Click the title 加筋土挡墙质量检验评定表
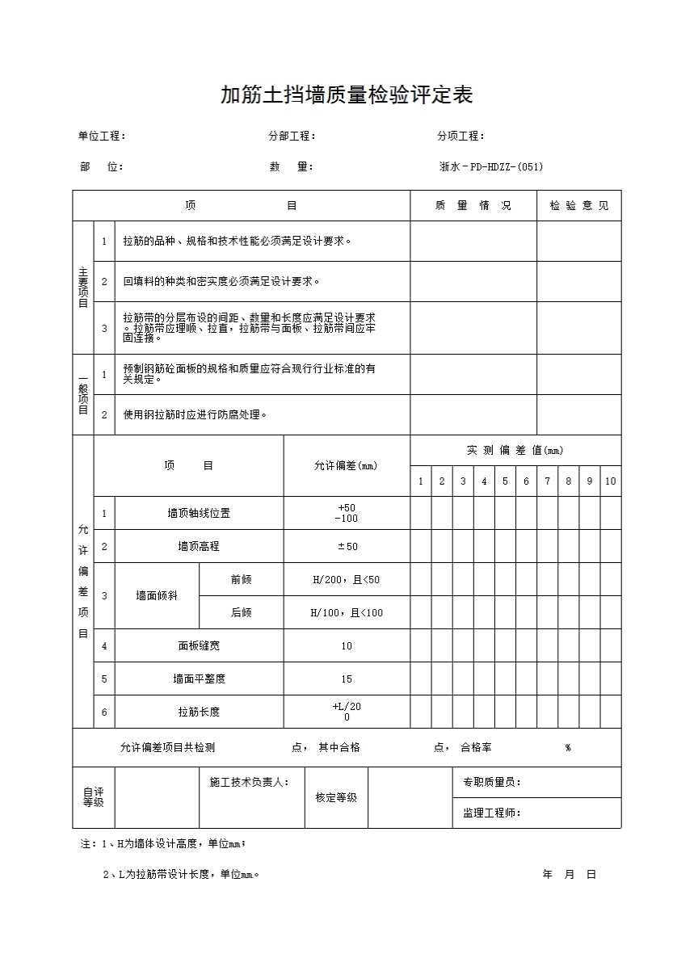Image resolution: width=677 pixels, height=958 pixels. (347, 95)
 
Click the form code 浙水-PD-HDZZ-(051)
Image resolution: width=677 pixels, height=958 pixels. (490, 167)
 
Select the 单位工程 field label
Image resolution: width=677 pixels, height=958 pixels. (102, 136)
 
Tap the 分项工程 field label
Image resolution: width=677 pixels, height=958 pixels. (460, 136)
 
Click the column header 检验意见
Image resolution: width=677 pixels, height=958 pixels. (579, 205)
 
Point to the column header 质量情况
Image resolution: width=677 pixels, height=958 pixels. (473, 205)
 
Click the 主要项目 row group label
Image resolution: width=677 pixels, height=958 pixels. (83, 288)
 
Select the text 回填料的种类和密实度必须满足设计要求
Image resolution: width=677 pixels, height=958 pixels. (221, 282)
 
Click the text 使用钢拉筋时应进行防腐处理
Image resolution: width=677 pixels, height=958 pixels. (195, 414)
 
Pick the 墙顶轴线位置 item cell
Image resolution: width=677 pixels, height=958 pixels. (199, 513)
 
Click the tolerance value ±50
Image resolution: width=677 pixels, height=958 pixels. (347, 547)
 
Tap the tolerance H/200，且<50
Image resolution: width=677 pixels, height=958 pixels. (347, 580)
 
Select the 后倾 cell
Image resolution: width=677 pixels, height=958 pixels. (241, 613)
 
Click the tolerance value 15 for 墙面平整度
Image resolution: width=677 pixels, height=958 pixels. (347, 679)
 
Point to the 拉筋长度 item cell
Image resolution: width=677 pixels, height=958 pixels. (199, 712)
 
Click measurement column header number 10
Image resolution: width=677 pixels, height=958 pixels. (610, 481)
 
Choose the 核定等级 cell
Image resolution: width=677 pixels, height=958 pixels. (336, 797)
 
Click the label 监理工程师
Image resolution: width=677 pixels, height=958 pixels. (491, 813)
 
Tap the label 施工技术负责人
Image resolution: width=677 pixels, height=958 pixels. (249, 782)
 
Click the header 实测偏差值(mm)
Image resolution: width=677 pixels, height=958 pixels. (515, 450)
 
